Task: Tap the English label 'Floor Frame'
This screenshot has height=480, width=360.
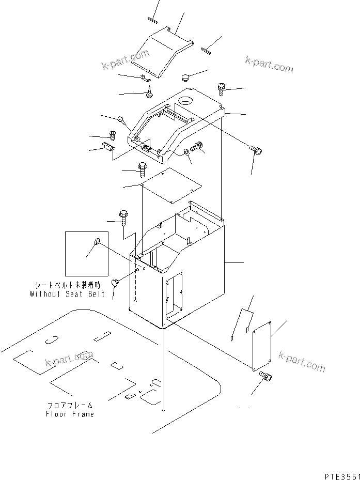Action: (70, 414)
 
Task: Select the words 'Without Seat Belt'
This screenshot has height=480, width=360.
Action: (67, 294)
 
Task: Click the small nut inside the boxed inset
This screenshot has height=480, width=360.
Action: (97, 242)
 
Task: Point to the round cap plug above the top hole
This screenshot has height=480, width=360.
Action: (185, 78)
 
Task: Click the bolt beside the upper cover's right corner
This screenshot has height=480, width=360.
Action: (221, 89)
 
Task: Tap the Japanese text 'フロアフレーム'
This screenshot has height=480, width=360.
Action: (70, 406)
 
